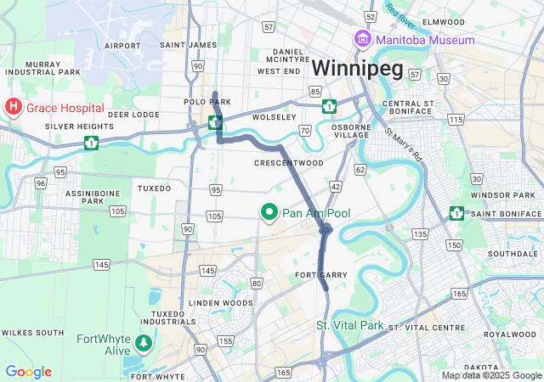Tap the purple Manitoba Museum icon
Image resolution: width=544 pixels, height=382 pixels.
pyautogui.click(x=362, y=40)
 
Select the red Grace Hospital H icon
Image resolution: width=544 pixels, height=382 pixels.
pyautogui.click(x=14, y=108)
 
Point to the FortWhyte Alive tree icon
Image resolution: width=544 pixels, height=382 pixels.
pyautogui.click(x=144, y=342)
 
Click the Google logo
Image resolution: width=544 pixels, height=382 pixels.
pyautogui.click(x=28, y=372)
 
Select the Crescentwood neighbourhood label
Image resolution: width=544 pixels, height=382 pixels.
pyautogui.click(x=289, y=162)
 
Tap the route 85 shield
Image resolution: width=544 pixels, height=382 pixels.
pyautogui.click(x=314, y=90)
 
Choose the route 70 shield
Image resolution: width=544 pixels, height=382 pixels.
pyautogui.click(x=304, y=130)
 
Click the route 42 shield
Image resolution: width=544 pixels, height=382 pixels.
pyautogui.click(x=336, y=186)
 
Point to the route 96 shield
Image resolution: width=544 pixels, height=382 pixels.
pyautogui.click(x=40, y=183)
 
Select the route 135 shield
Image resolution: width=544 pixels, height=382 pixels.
pyautogui.click(x=418, y=233)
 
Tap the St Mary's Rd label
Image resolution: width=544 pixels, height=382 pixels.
pyautogui.click(x=403, y=145)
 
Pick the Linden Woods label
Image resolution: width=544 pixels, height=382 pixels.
pyautogui.click(x=221, y=303)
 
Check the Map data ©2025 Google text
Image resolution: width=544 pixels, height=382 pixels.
pyautogui.click(x=490, y=375)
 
